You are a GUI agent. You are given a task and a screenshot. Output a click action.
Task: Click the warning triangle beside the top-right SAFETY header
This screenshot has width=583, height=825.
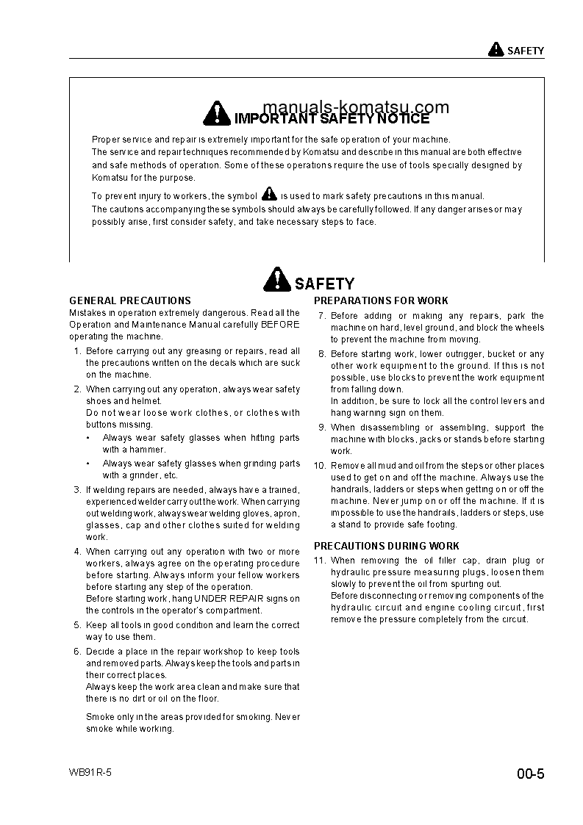496,50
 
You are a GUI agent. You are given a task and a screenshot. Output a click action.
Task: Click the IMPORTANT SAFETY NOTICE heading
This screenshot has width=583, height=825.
331,118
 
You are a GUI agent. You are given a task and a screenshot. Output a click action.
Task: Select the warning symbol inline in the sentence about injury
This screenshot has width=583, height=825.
269,195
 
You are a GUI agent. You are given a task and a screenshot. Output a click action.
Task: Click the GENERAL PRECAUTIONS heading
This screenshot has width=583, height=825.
130,300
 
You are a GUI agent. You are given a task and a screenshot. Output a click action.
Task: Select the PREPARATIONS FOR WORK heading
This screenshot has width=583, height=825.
381,300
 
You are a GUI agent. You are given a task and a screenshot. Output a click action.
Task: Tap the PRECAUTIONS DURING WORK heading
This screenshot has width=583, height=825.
387,546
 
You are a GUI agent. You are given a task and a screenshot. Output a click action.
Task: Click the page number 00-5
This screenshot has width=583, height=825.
530,774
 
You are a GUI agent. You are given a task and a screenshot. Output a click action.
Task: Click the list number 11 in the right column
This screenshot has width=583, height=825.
319,561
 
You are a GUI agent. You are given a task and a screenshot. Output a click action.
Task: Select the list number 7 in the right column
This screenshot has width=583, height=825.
322,316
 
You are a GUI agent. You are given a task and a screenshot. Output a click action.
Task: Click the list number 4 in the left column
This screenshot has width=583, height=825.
77,552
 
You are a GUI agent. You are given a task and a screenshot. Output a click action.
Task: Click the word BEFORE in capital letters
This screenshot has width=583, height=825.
279,325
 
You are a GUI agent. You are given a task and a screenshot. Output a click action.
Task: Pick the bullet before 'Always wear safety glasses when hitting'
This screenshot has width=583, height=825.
88,438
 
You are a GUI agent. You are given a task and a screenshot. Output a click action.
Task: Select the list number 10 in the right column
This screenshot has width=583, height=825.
319,466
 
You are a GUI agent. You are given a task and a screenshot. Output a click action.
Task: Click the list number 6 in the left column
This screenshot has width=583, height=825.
77,652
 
